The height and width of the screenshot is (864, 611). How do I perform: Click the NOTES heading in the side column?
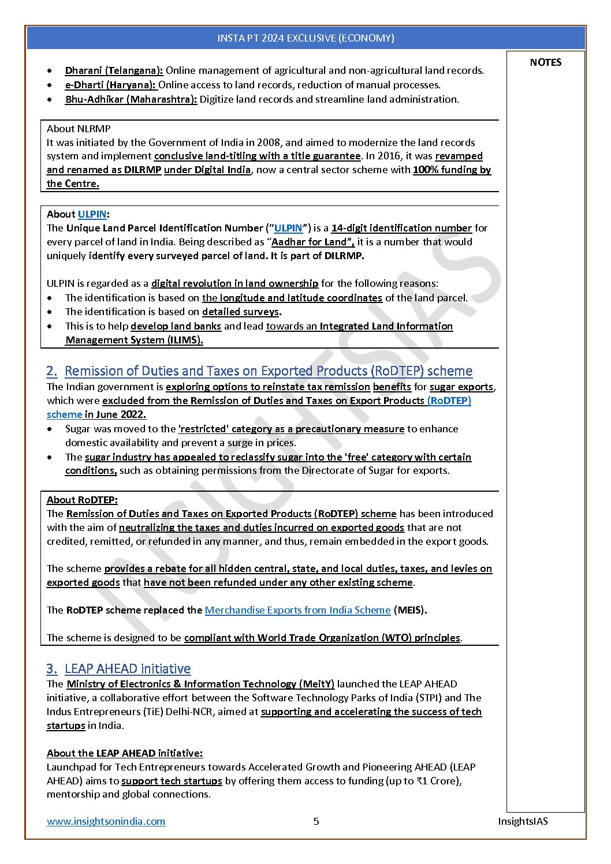click(x=545, y=62)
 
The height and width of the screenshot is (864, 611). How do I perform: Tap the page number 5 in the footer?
click(x=316, y=821)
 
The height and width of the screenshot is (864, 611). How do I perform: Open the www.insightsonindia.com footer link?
click(x=106, y=821)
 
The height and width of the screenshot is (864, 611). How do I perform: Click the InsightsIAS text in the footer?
click(x=523, y=821)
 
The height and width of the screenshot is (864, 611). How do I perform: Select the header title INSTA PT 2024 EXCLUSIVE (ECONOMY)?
click(x=305, y=38)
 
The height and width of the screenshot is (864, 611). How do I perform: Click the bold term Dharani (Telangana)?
click(x=114, y=70)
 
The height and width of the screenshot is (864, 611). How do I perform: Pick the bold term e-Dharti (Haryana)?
click(x=110, y=85)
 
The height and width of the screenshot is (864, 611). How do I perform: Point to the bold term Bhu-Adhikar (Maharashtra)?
click(x=131, y=99)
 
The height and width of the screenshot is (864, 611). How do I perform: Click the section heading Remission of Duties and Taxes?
click(x=269, y=371)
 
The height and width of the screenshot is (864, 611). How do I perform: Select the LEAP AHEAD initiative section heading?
click(x=128, y=669)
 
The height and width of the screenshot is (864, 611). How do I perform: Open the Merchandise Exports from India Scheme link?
click(x=297, y=610)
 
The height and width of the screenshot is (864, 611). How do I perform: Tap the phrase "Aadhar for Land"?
click(x=312, y=242)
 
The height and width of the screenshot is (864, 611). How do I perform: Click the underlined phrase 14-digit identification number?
click(x=401, y=228)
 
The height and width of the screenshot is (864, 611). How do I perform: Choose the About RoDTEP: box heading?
click(x=82, y=500)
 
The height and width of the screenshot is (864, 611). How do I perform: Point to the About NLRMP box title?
click(x=79, y=129)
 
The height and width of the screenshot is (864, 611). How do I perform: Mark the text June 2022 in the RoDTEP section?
click(x=121, y=414)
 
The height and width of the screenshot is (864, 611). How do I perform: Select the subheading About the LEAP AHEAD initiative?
click(x=125, y=753)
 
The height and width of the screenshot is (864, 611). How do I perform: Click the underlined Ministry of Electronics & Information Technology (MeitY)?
click(x=200, y=684)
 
